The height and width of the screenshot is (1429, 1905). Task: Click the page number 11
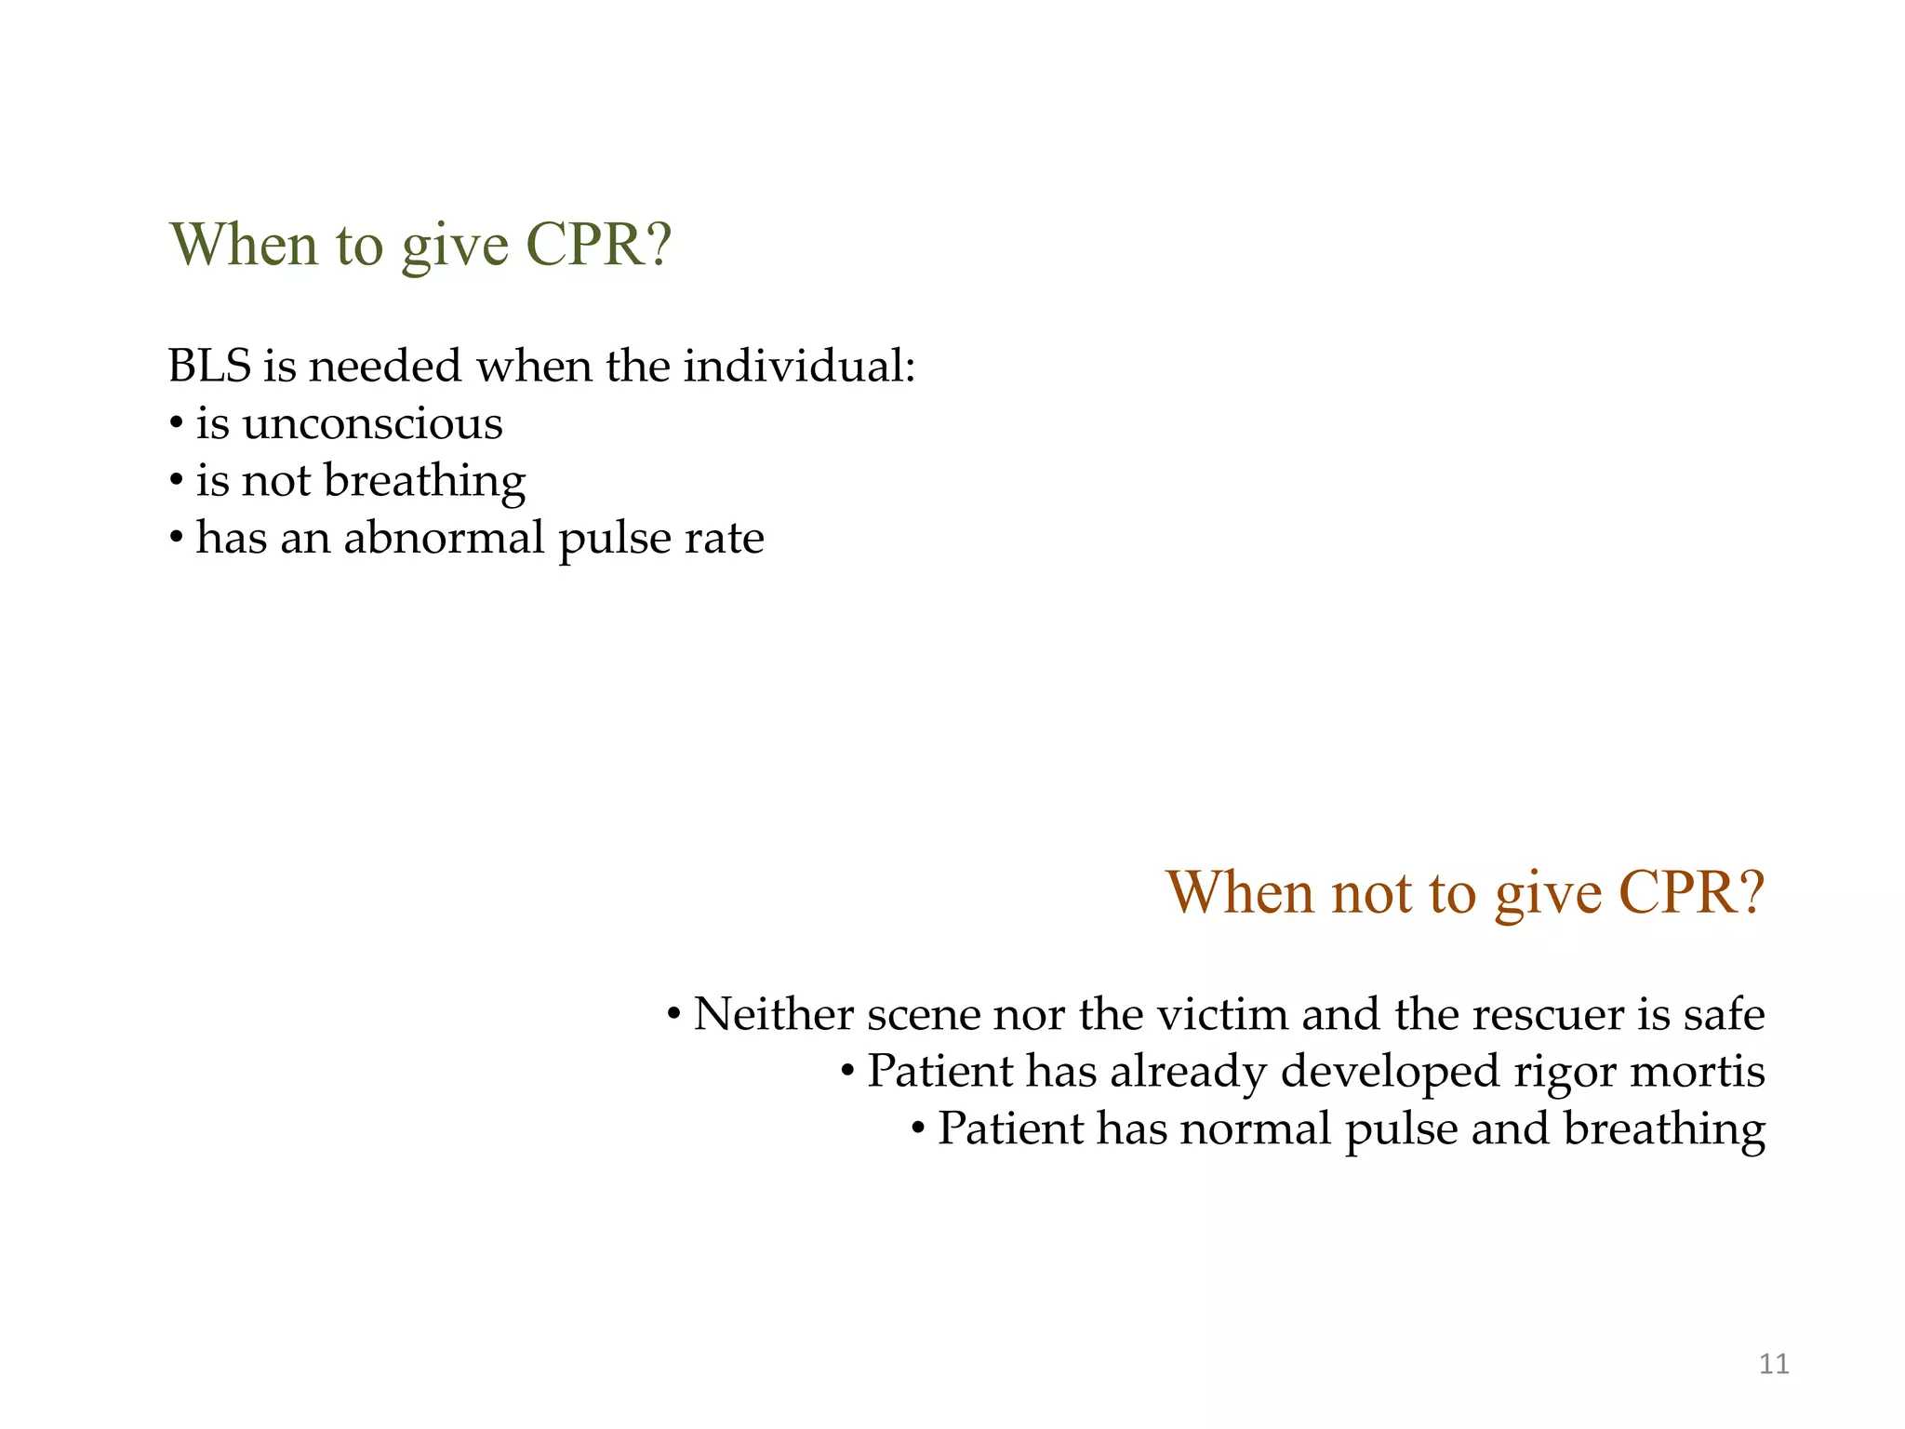pos(1774,1364)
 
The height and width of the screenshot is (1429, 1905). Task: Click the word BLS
pos(209,366)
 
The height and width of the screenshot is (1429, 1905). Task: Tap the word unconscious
pos(372,424)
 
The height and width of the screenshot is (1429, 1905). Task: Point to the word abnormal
pos(444,538)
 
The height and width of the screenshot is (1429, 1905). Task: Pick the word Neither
pos(773,1013)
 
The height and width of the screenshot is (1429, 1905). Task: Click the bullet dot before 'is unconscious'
pos(176,425)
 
